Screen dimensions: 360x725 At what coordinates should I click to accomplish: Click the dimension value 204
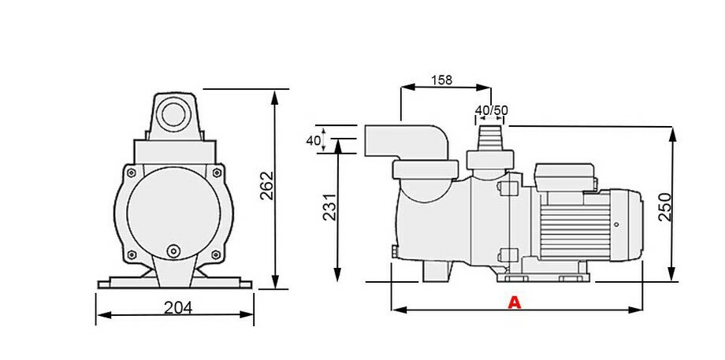click(x=179, y=308)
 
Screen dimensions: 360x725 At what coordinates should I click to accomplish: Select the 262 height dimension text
click(x=266, y=186)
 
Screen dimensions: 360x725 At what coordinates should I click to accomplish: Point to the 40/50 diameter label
click(x=491, y=110)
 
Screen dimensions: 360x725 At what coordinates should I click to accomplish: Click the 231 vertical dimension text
click(x=329, y=206)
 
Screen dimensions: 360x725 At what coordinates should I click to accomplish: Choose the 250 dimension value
click(x=664, y=206)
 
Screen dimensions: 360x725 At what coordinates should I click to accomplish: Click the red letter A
click(x=515, y=301)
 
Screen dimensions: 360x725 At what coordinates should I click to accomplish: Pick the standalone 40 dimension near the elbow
click(x=313, y=140)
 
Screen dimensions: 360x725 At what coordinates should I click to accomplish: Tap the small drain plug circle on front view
click(x=173, y=251)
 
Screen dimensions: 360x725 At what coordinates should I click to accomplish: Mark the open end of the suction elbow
click(x=370, y=141)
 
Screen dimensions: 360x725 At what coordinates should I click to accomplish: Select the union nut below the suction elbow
click(x=426, y=170)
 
